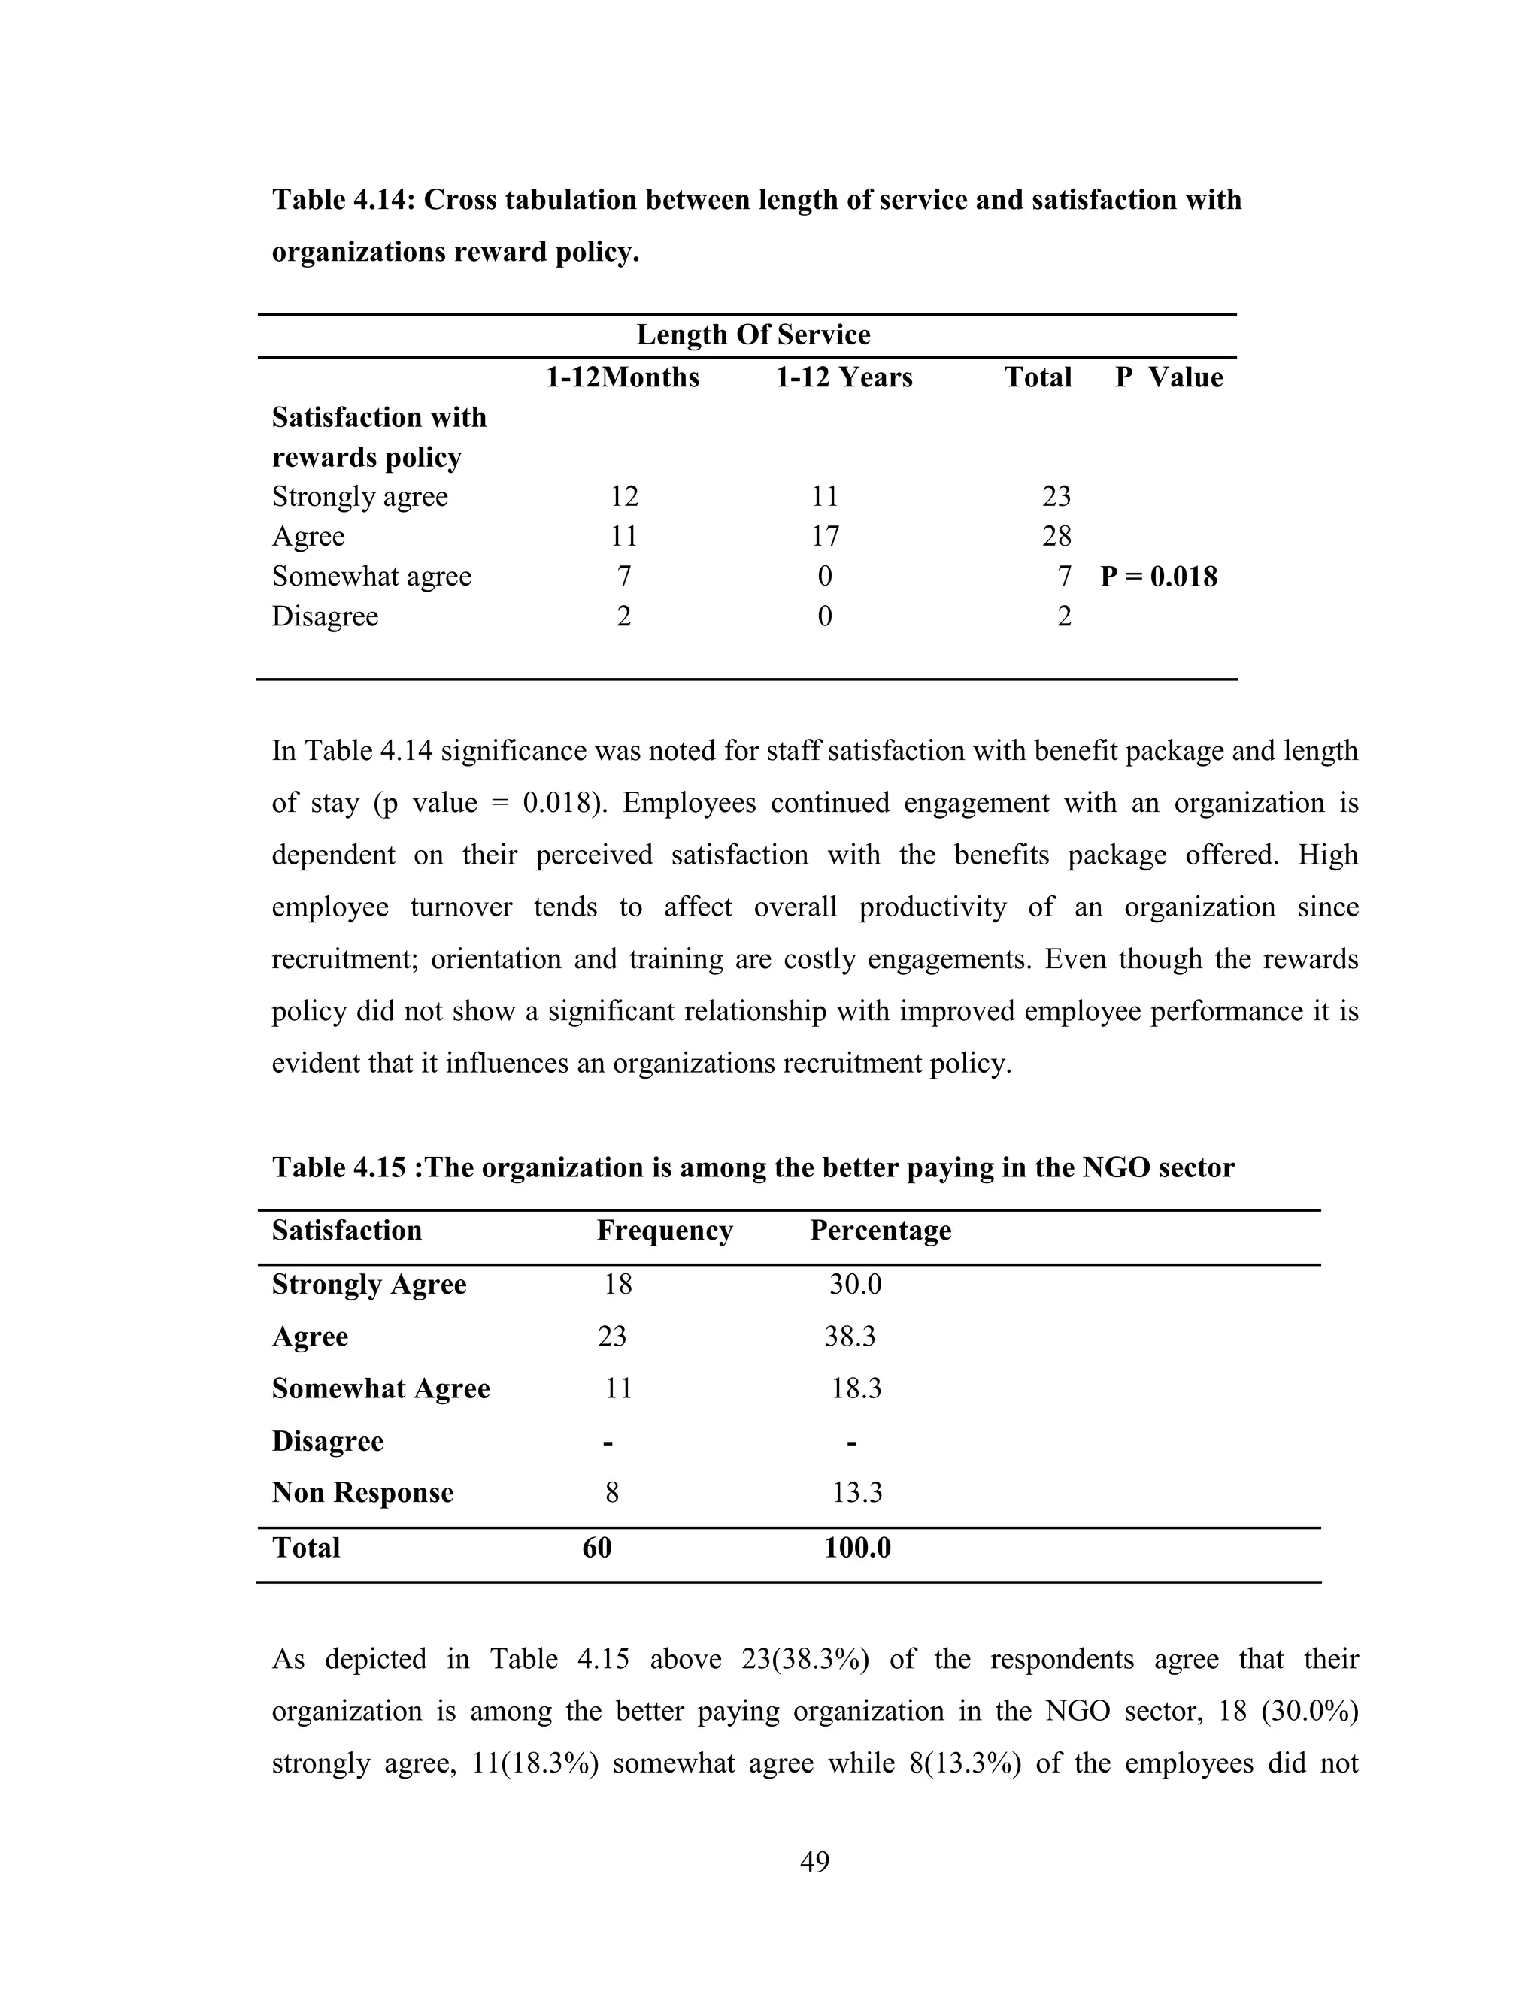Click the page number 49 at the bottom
(x=814, y=1860)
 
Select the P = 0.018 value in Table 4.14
(x=1158, y=577)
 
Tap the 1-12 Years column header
(x=843, y=377)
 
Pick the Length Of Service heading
(x=753, y=335)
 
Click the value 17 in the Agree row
(x=824, y=536)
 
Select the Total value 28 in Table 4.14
(x=1056, y=536)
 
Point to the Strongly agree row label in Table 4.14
(x=359, y=496)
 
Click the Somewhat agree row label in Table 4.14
(x=371, y=577)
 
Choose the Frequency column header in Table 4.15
(x=664, y=1231)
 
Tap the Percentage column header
(x=880, y=1231)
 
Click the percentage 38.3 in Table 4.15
(x=850, y=1337)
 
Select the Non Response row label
(x=362, y=1492)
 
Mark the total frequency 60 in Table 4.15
(x=596, y=1548)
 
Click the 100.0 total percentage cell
(x=856, y=1548)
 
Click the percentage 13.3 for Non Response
(x=856, y=1492)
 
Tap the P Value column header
(x=1168, y=377)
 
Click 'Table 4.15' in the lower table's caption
(x=338, y=1167)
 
